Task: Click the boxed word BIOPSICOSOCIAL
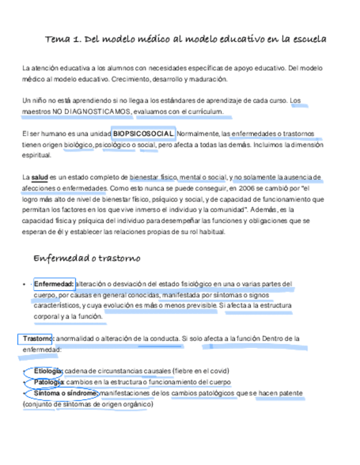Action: point(143,134)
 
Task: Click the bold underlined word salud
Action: point(40,177)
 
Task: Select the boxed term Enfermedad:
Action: point(54,284)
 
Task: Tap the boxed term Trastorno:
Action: point(38,339)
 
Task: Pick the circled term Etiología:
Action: point(48,371)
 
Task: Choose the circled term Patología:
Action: point(49,382)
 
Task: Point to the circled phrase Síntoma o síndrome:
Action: point(66,394)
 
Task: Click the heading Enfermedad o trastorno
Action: point(87,258)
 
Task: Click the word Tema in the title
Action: point(57,39)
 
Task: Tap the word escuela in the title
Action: point(311,39)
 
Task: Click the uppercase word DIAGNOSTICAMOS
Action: point(97,112)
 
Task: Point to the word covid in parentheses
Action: point(218,371)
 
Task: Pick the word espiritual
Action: point(36,155)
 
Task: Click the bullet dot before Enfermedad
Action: point(24,285)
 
